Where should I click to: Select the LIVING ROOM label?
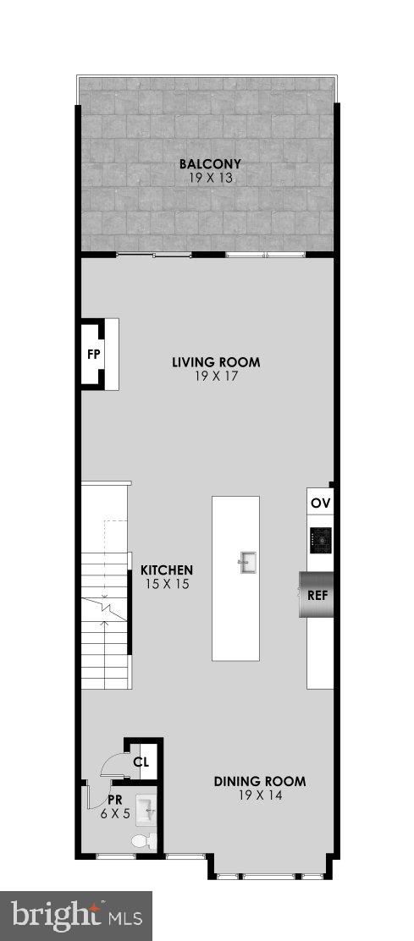click(216, 362)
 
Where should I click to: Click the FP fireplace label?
click(93, 354)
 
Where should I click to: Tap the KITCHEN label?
click(167, 570)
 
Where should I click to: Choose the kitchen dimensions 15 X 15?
click(167, 584)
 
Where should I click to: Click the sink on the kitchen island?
click(247, 562)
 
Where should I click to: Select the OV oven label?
click(320, 503)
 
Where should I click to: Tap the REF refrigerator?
click(317, 594)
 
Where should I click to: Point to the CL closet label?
click(141, 762)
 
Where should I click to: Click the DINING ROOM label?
click(259, 781)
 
